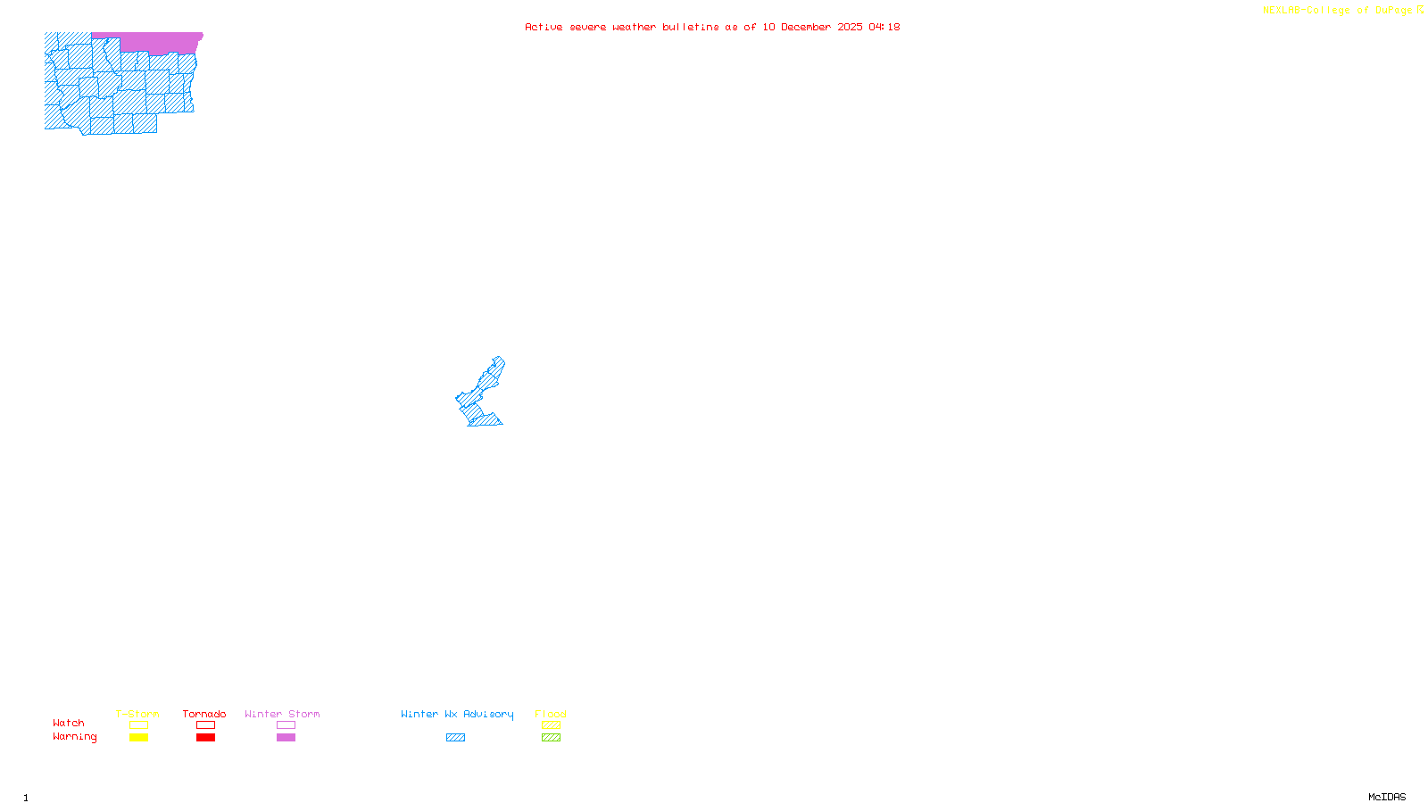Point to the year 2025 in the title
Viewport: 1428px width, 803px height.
pyautogui.click(x=850, y=27)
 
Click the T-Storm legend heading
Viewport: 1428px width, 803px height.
pyautogui.click(x=137, y=714)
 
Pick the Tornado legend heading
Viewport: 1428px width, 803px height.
pyautogui.click(x=204, y=714)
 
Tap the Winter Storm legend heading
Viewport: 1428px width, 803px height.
pyautogui.click(x=282, y=714)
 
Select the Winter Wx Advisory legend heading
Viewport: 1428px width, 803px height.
pyautogui.click(x=457, y=714)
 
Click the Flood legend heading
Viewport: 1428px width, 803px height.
pyautogui.click(x=551, y=714)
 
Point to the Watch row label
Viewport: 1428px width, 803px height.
pyautogui.click(x=69, y=723)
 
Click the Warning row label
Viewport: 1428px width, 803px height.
pyautogui.click(x=74, y=737)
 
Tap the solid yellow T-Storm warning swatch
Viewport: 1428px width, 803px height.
pyautogui.click(x=138, y=738)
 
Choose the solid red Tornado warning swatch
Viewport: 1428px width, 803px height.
pyautogui.click(x=206, y=738)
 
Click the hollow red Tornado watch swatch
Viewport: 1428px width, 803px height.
pyautogui.click(x=206, y=725)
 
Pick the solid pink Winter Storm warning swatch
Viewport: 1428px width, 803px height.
pyautogui.click(x=286, y=738)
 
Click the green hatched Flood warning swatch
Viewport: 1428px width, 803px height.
pyautogui.click(x=551, y=738)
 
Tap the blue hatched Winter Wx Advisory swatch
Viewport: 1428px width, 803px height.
pyautogui.click(x=455, y=738)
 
